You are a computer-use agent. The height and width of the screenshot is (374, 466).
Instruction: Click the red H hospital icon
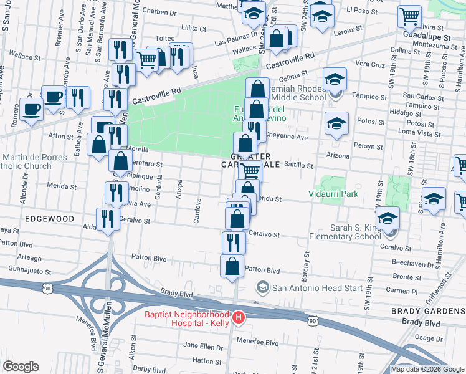[x=237, y=319]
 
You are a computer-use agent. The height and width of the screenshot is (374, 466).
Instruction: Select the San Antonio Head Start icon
[x=262, y=287]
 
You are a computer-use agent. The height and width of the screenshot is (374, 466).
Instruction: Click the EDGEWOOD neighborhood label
[x=50, y=219]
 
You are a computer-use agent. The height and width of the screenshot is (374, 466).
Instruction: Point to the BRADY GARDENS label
[x=428, y=310]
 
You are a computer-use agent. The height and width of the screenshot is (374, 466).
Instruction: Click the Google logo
[x=21, y=367]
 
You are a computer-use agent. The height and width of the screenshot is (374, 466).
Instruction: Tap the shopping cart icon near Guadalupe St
[x=409, y=16]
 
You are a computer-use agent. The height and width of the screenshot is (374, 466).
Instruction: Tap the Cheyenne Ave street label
[x=288, y=138]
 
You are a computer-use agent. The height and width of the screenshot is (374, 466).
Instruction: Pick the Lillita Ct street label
[x=193, y=29]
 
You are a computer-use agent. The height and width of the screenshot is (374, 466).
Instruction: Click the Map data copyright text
[x=427, y=369]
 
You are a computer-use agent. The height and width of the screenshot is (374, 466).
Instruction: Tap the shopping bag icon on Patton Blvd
[x=232, y=266]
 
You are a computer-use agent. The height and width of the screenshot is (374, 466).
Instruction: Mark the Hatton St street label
[x=203, y=360]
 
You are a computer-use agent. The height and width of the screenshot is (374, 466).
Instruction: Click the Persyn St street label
[x=370, y=146]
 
